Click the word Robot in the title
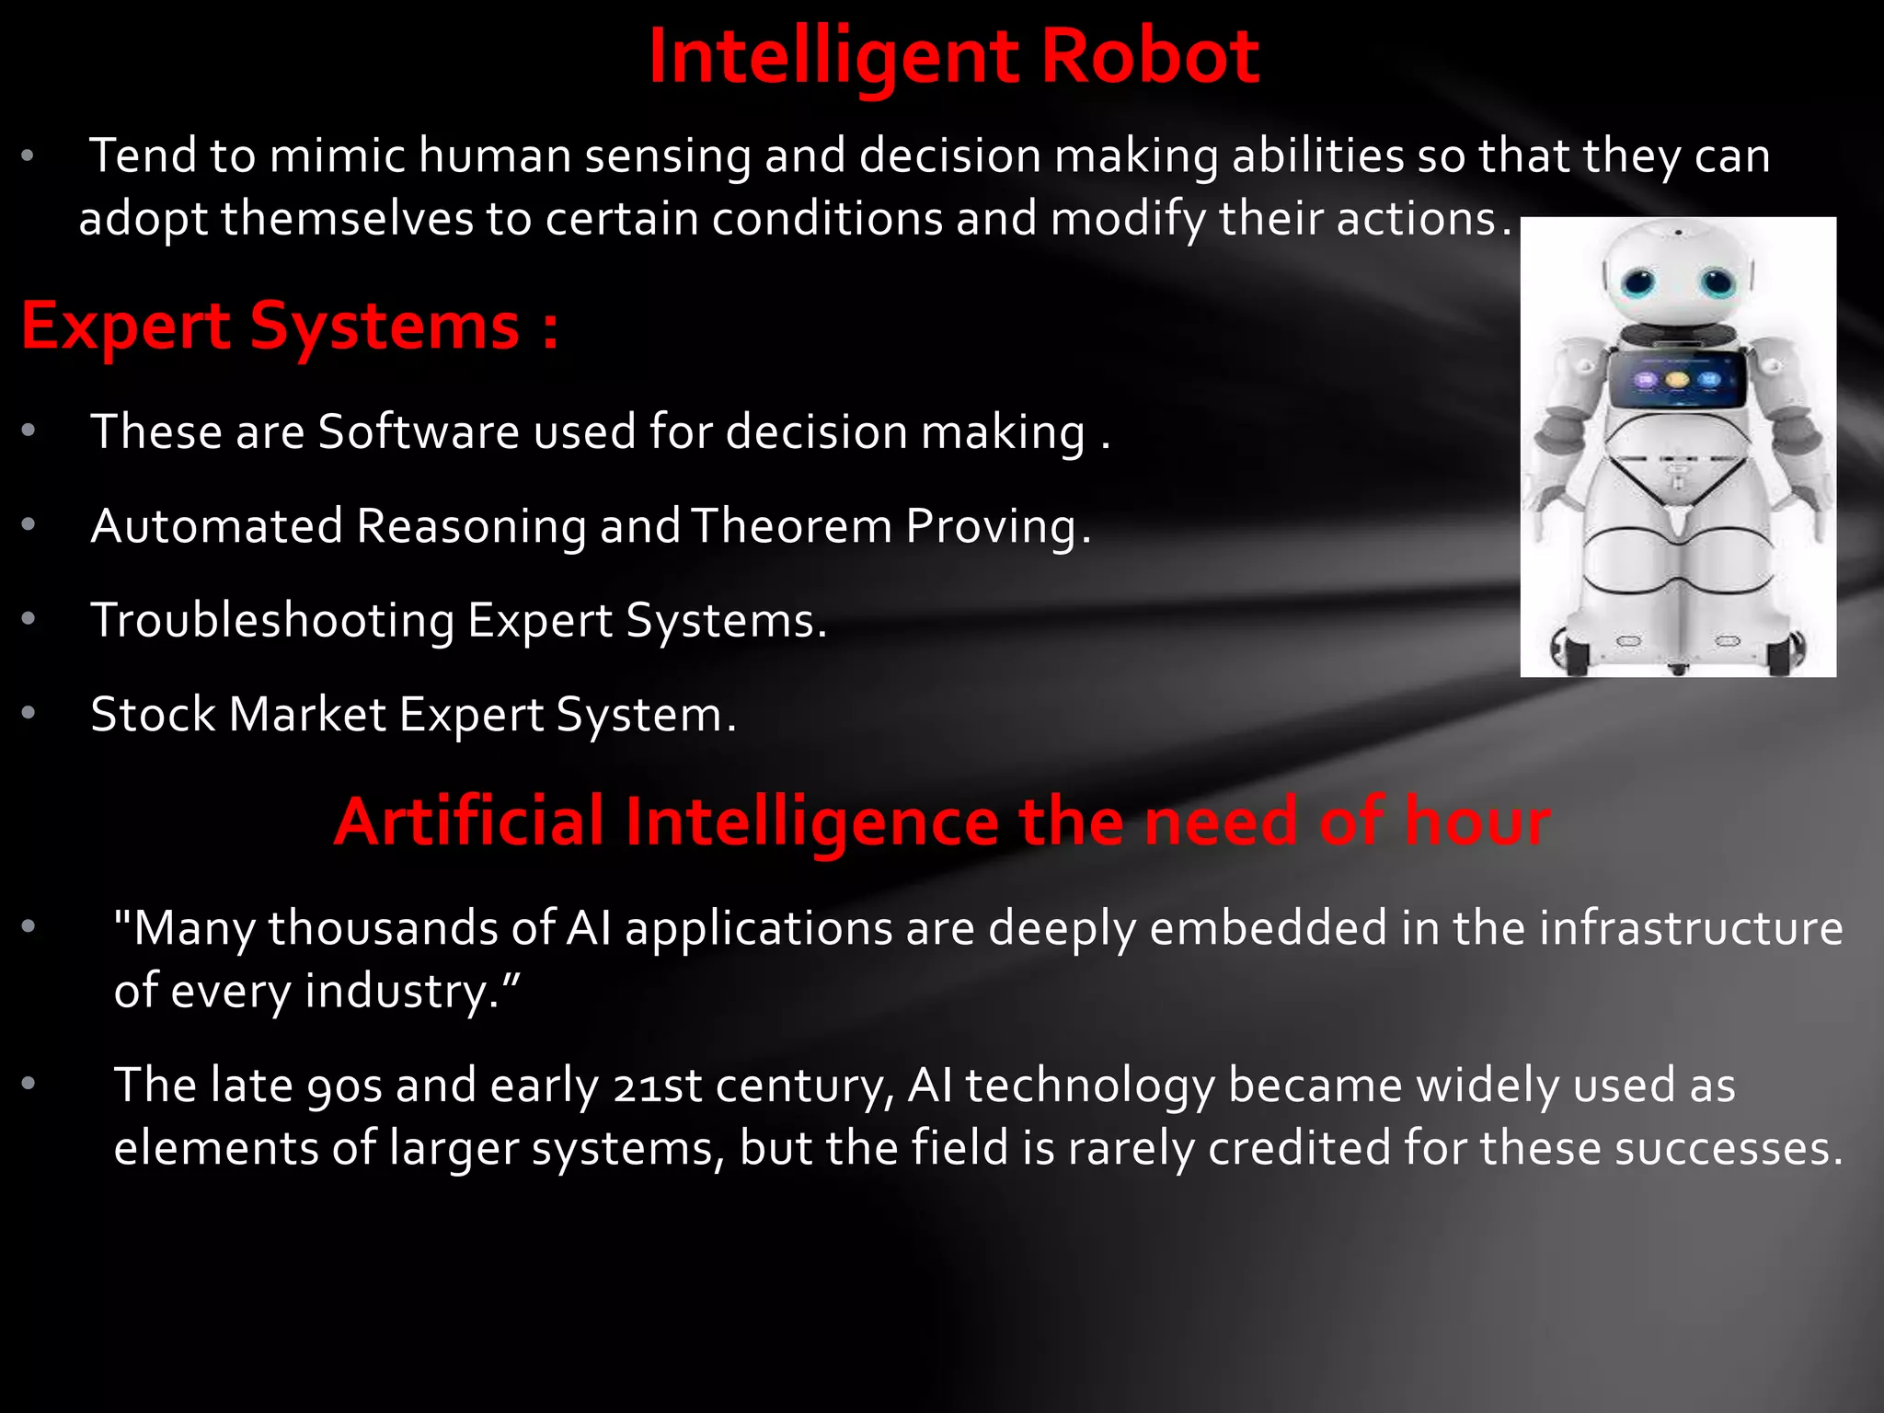pyautogui.click(x=1150, y=57)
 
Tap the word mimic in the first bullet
pyautogui.click(x=337, y=155)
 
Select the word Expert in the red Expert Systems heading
pyautogui.click(x=126, y=327)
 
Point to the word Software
pyautogui.click(x=419, y=431)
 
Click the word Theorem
pyautogui.click(x=791, y=526)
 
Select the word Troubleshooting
pyautogui.click(x=272, y=620)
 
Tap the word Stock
pyautogui.click(x=153, y=714)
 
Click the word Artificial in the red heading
pyautogui.click(x=469, y=821)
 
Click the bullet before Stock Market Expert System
pyautogui.click(x=29, y=713)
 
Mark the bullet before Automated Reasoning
pyautogui.click(x=29, y=525)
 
